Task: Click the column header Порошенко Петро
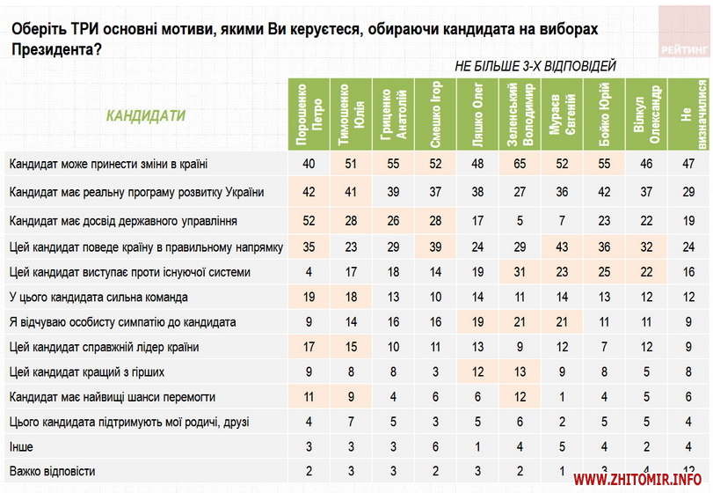(x=309, y=114)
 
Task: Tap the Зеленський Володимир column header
(x=521, y=114)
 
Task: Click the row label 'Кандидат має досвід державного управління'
(x=122, y=219)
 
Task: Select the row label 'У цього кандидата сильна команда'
(x=97, y=298)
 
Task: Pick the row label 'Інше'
(x=23, y=447)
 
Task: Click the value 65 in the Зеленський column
(x=521, y=165)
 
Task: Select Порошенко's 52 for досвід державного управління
(x=309, y=219)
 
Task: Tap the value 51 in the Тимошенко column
(x=352, y=165)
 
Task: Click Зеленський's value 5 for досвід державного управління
(x=521, y=219)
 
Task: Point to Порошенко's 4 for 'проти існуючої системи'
(x=309, y=273)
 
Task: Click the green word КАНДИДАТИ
(x=146, y=115)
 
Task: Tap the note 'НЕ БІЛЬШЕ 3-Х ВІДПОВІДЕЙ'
(x=535, y=66)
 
